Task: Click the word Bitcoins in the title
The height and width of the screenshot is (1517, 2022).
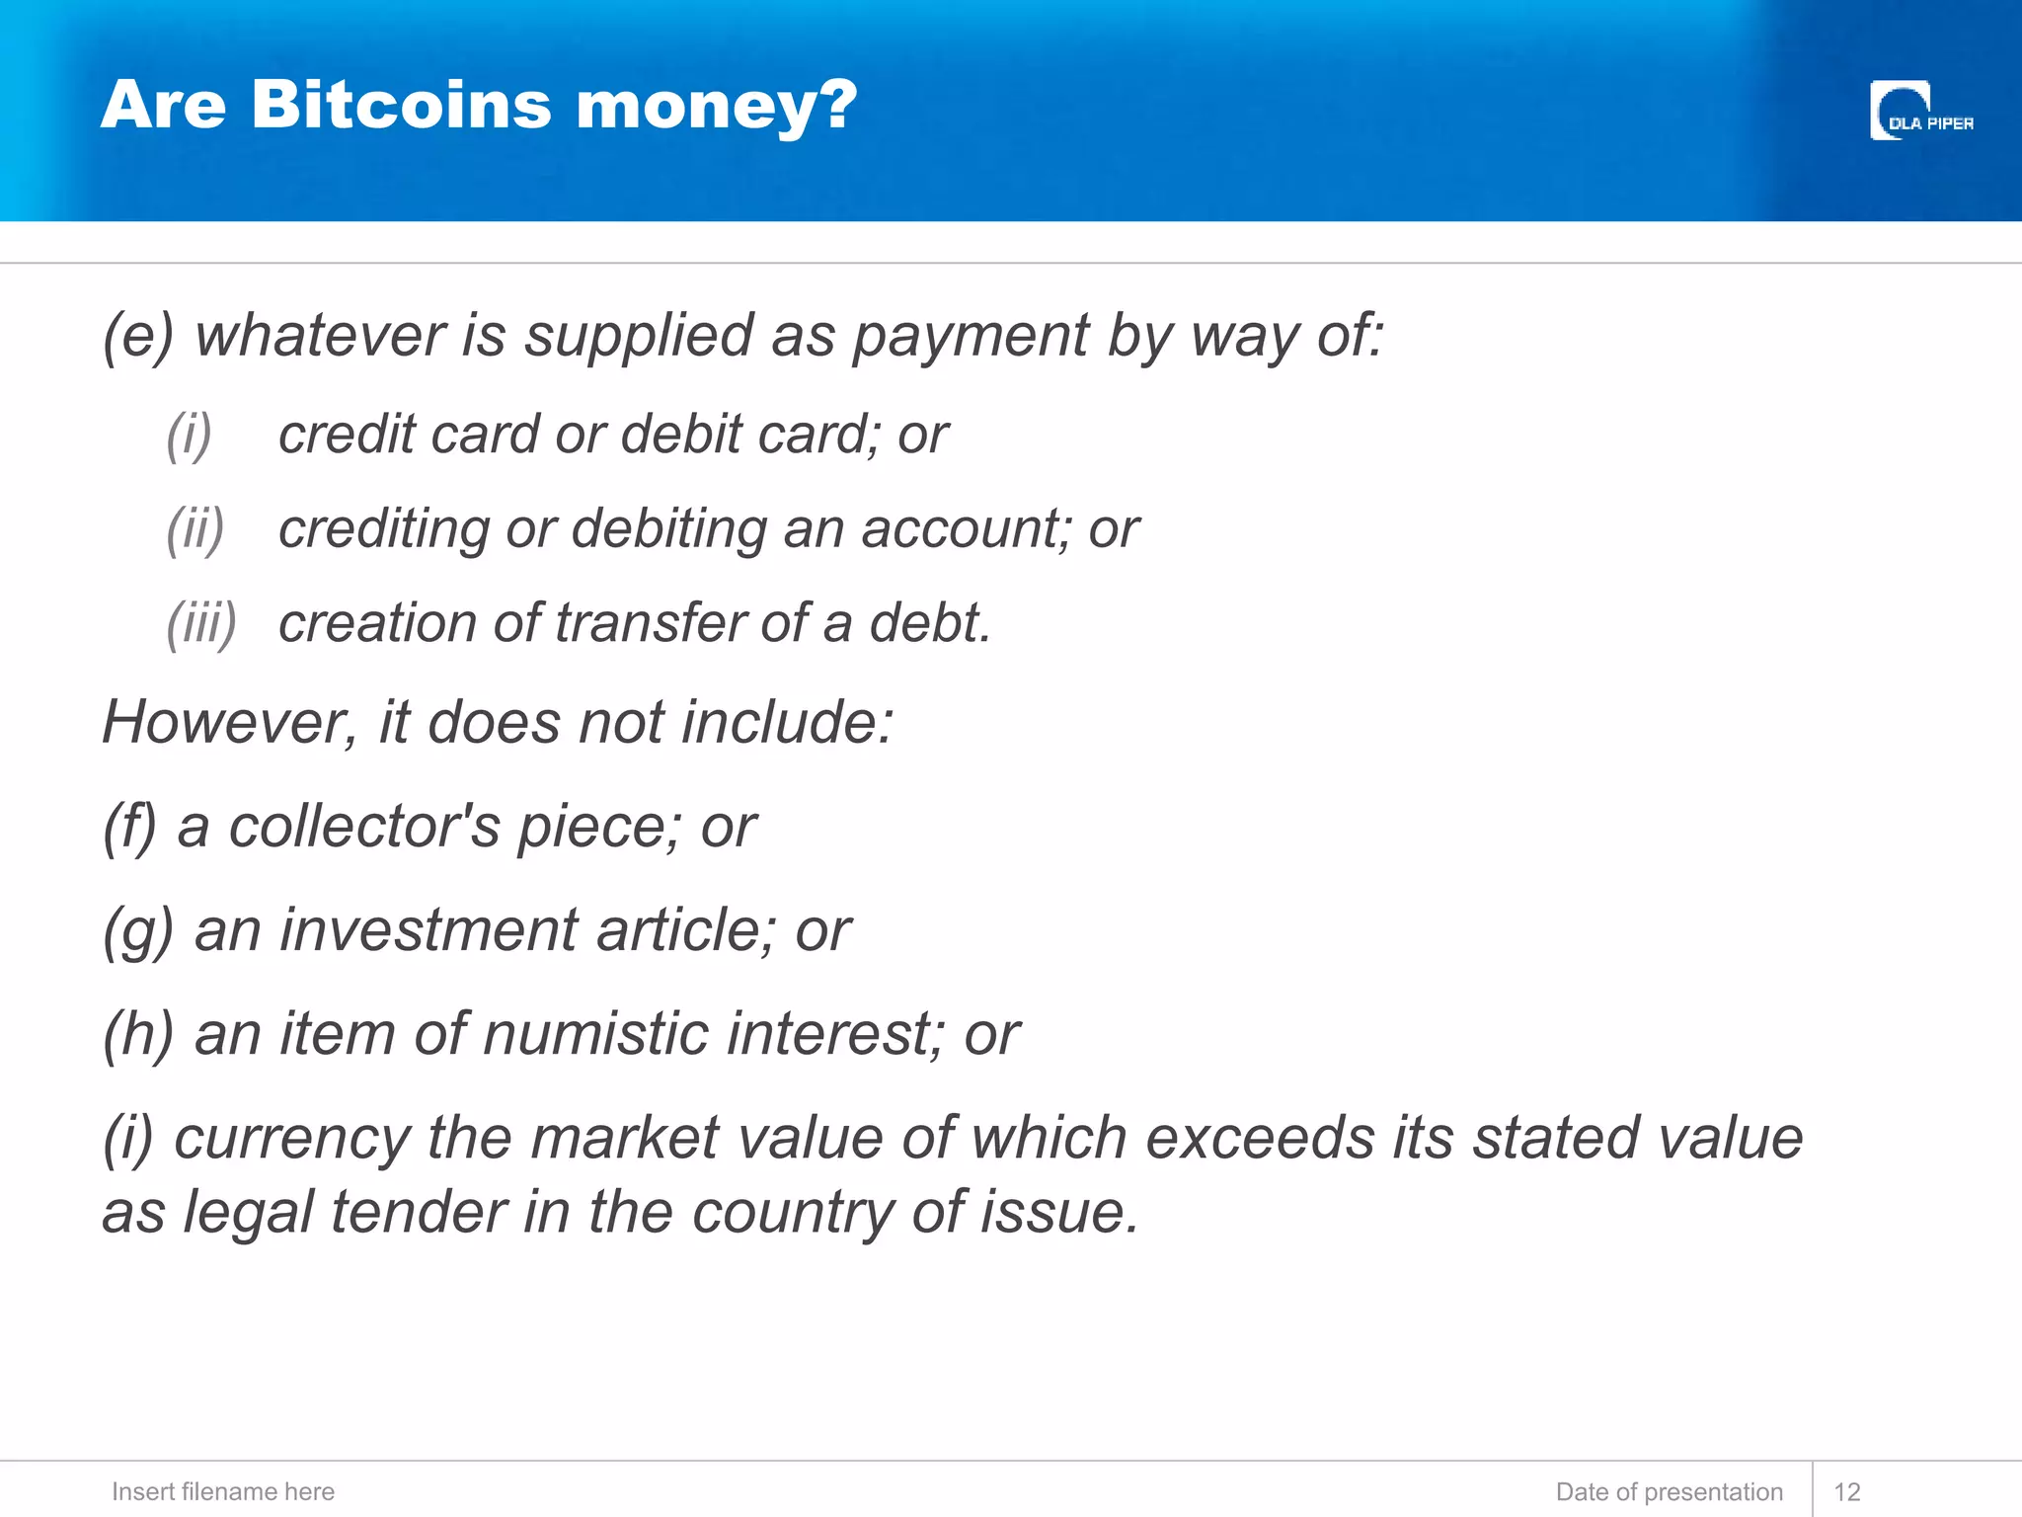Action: coord(401,105)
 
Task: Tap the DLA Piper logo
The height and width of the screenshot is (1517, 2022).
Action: coord(1920,112)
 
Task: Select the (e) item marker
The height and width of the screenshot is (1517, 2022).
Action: coord(138,336)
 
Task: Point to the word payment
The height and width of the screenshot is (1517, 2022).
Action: coord(971,337)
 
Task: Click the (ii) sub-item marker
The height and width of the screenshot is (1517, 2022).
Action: coord(195,529)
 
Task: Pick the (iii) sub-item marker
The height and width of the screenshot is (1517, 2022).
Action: coord(201,624)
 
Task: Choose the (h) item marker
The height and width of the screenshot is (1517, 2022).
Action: coord(138,1034)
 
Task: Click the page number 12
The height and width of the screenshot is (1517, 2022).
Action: coord(1846,1491)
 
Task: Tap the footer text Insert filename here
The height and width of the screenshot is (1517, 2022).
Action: coord(223,1491)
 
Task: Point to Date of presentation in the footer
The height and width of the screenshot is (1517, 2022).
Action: coord(1669,1491)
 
